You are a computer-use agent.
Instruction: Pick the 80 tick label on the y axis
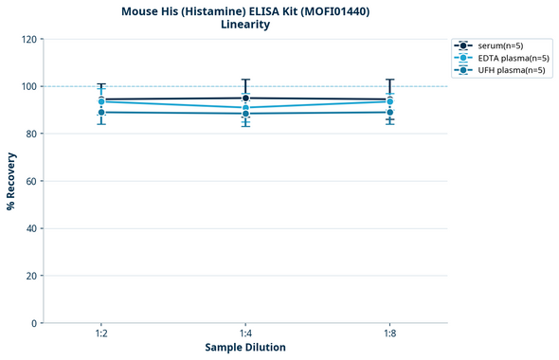31,134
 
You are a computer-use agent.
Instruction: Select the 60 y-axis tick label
31,181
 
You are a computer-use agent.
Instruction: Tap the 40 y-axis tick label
31,228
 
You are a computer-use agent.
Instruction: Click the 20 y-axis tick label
31,276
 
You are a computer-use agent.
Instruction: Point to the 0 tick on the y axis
34,323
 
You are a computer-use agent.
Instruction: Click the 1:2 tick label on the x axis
100,334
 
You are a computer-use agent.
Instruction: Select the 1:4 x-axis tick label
245,334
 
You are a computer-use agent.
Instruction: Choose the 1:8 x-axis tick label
389,334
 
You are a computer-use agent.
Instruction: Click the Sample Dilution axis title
245,348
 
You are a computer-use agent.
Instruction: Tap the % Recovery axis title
11,181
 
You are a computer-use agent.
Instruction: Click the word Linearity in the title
244,25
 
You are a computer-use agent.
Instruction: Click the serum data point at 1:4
245,98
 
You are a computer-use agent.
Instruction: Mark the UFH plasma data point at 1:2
101,113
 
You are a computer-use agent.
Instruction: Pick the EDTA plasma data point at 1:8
389,101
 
